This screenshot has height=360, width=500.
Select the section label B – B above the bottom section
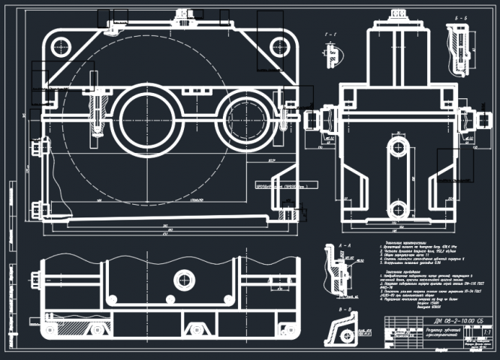[346, 308]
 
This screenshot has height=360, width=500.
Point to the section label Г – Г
[327, 34]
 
